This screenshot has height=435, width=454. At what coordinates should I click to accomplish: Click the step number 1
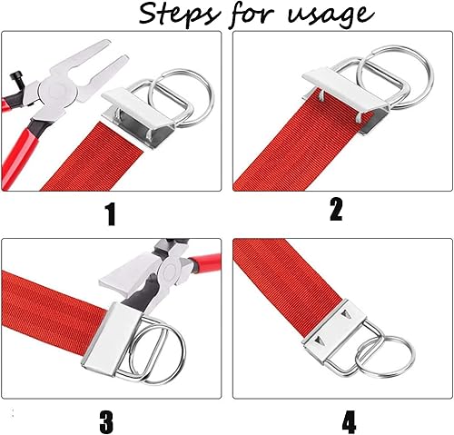click(111, 215)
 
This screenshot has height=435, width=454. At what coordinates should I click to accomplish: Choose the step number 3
click(106, 421)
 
